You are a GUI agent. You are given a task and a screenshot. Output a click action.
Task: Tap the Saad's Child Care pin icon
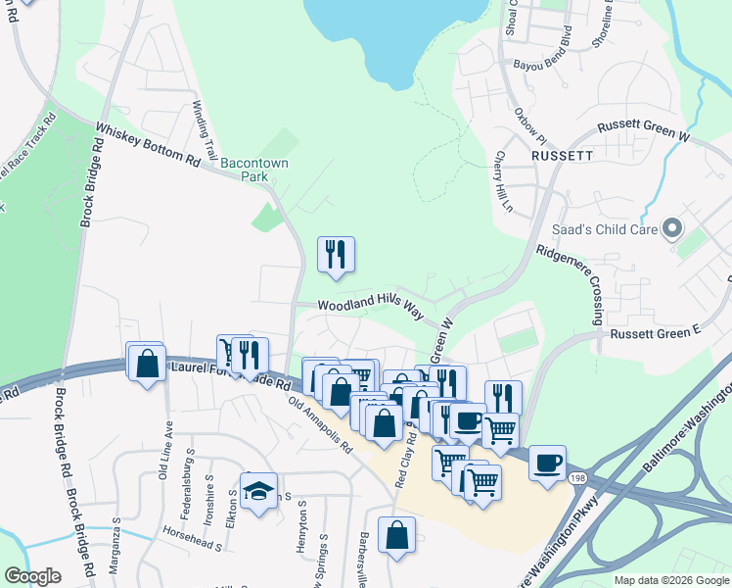click(672, 229)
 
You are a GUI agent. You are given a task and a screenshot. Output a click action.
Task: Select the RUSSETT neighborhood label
click(563, 156)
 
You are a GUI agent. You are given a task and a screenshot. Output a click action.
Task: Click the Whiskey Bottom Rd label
click(147, 149)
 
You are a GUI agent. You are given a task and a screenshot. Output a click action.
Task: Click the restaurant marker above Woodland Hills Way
click(336, 254)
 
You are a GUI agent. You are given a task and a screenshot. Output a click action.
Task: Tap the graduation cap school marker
click(259, 491)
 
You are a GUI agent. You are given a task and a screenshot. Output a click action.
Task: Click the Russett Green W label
click(644, 135)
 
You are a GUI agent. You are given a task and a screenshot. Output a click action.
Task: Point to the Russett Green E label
click(656, 334)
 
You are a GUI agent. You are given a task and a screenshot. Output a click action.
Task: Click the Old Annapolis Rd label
click(321, 424)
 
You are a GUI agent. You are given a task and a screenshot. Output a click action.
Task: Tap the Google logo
click(32, 576)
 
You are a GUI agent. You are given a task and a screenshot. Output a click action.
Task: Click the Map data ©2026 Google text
click(671, 580)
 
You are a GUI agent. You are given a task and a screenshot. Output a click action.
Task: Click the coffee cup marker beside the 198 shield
click(547, 462)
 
